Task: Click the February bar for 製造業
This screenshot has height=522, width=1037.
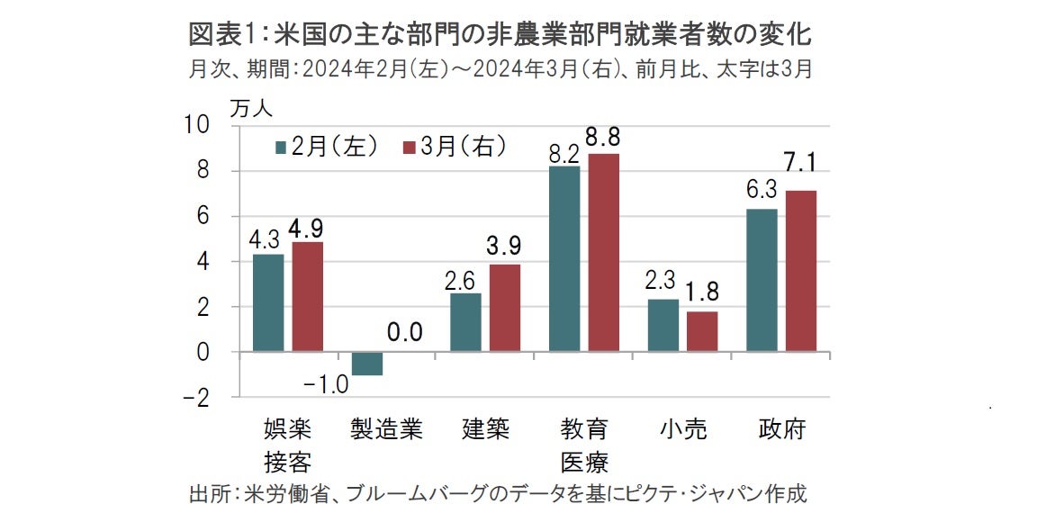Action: tap(367, 364)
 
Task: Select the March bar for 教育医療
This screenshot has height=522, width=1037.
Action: tap(603, 252)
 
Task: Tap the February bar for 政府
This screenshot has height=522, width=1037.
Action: tap(762, 280)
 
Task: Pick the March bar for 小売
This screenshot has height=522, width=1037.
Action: tap(702, 331)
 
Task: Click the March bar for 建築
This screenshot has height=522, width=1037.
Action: tap(505, 308)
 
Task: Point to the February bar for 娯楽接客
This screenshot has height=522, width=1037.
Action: tap(268, 302)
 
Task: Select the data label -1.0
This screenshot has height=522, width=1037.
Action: tap(326, 385)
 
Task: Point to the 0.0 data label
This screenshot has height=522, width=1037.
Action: tap(405, 333)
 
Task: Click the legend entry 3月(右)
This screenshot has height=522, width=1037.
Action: tap(455, 147)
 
